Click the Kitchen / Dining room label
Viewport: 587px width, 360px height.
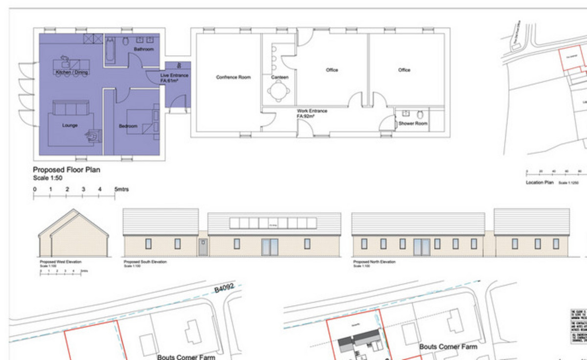[x=71, y=73]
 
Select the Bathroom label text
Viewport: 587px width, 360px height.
[x=143, y=49]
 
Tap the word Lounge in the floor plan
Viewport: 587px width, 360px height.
[x=70, y=126]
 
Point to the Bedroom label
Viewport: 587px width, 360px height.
[x=128, y=126]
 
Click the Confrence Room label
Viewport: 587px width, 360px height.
[x=233, y=77]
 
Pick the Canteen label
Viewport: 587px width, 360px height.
[x=280, y=77]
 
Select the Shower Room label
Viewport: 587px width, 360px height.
[x=413, y=124]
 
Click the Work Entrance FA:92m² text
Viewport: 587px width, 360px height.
[x=312, y=114]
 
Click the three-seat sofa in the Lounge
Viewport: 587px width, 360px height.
[x=71, y=107]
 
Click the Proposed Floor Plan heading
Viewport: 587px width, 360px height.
[x=67, y=170]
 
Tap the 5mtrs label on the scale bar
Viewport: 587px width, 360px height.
[x=122, y=189]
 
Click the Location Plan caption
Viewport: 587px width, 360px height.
[x=540, y=182]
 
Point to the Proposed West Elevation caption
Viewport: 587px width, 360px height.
[x=61, y=262]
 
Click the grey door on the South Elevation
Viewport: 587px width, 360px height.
[x=203, y=247]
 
